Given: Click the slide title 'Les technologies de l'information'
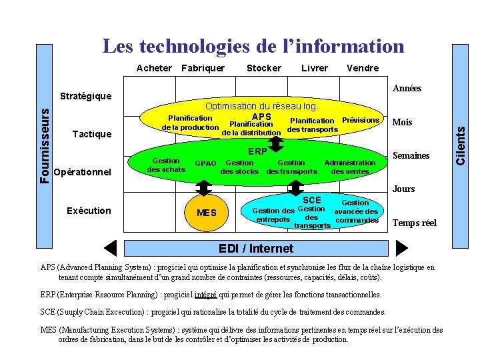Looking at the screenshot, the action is pyautogui.click(x=253, y=46).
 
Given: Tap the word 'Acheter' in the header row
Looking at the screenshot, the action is pyautogui.click(x=154, y=68).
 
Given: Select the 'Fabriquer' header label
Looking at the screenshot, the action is pyautogui.click(x=203, y=68).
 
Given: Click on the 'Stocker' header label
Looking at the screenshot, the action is pyautogui.click(x=264, y=68).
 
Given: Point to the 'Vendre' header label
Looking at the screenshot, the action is pyautogui.click(x=363, y=68).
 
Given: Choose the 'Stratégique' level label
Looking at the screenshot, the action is pyautogui.click(x=85, y=96).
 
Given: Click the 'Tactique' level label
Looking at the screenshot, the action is pyautogui.click(x=91, y=134).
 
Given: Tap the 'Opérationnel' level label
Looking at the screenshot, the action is pyautogui.click(x=82, y=171).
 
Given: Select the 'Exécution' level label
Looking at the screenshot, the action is pyautogui.click(x=89, y=211).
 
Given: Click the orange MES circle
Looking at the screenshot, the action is pyautogui.click(x=207, y=213).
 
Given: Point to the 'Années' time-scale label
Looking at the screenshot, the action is pyautogui.click(x=407, y=88).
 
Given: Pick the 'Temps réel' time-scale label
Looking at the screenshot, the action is pyautogui.click(x=415, y=223).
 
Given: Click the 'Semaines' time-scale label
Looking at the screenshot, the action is pyautogui.click(x=411, y=156).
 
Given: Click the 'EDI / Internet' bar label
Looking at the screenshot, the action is pyautogui.click(x=256, y=249).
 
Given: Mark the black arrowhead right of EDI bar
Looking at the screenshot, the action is pyautogui.click(x=401, y=248).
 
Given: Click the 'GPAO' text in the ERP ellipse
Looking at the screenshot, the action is pyautogui.click(x=205, y=163).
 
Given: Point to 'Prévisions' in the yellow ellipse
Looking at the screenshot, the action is pyautogui.click(x=360, y=120).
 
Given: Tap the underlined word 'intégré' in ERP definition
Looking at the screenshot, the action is pyautogui.click(x=203, y=294).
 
